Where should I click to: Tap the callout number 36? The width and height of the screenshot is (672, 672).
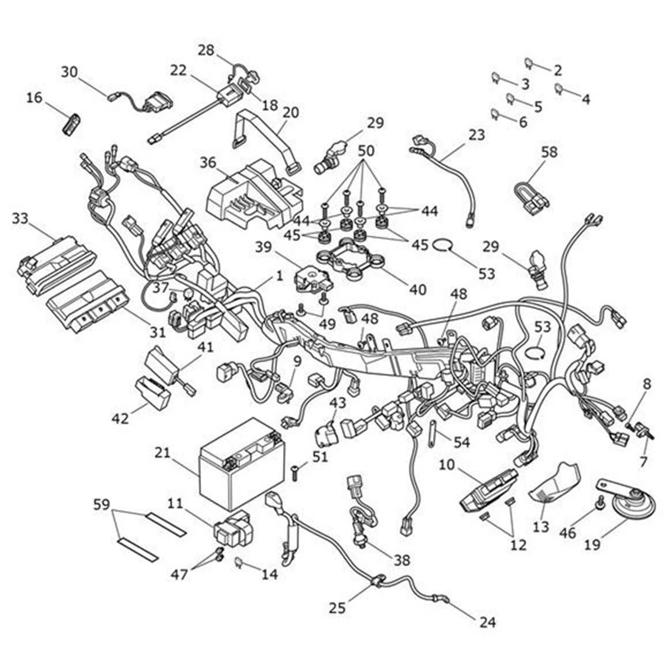208,163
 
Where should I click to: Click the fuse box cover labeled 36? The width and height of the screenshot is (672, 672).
252,193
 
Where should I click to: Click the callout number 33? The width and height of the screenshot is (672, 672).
20,218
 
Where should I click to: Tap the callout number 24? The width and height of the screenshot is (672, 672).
487,622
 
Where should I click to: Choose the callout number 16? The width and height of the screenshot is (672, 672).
34,98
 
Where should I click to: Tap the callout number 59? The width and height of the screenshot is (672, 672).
102,505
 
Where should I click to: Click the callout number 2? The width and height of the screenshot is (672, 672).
557,70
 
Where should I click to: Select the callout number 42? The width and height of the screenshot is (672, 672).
121,418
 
